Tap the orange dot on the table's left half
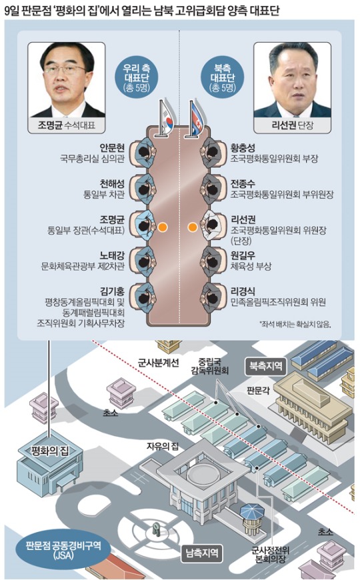(162, 227)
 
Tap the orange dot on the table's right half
(191, 227)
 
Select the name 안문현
(112, 148)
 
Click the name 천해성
(112, 184)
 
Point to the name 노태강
(112, 255)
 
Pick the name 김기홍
(112, 291)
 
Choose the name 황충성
(243, 148)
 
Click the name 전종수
(243, 184)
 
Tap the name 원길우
(243, 255)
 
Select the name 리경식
(243, 291)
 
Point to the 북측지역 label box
(266, 367)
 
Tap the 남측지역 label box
(201, 553)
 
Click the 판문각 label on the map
(258, 391)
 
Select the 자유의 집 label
(163, 447)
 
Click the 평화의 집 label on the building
(50, 451)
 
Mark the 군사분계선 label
(159, 363)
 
